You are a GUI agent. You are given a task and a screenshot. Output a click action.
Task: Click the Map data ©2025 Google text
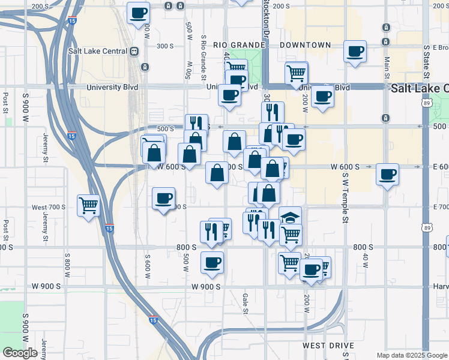pyautogui.click(x=412, y=355)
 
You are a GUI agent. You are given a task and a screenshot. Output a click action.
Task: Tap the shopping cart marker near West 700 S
pyautogui.click(x=89, y=206)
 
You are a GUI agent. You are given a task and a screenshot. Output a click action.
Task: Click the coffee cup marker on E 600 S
pyautogui.click(x=387, y=175)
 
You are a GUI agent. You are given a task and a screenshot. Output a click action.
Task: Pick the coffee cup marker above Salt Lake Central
pyautogui.click(x=138, y=13)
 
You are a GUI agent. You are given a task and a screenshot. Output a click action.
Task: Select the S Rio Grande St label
pyautogui.click(x=204, y=58)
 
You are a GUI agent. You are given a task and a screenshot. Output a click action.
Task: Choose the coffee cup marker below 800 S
pyautogui.click(x=212, y=262)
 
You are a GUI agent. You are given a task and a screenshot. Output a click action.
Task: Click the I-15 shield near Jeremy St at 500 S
pyautogui.click(x=72, y=136)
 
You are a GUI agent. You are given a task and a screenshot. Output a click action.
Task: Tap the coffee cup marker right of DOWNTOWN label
pyautogui.click(x=355, y=51)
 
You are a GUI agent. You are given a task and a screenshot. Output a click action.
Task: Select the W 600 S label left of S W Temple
pyautogui.click(x=345, y=167)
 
